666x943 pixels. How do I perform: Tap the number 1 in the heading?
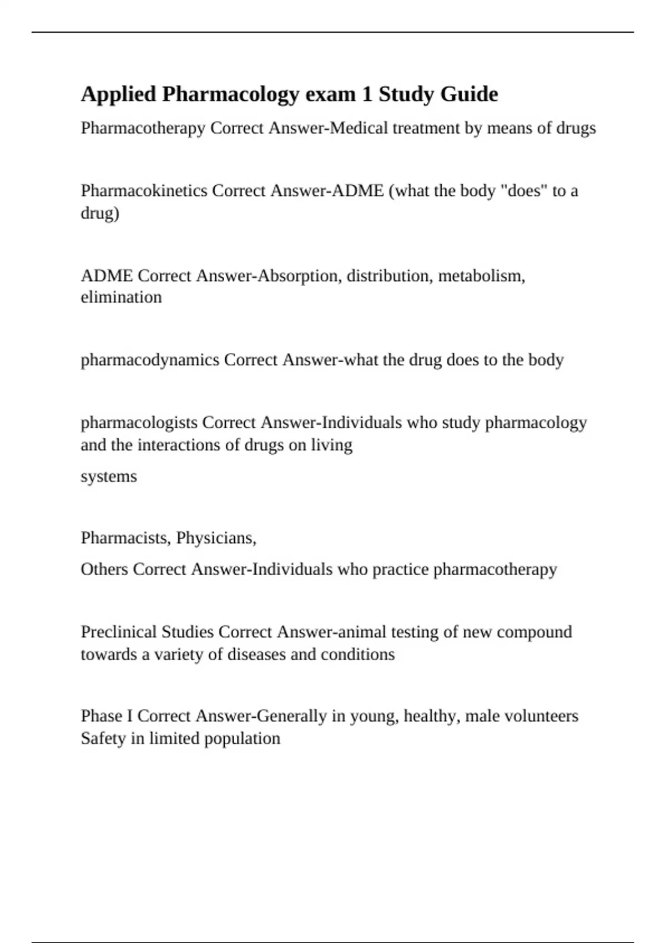(367, 94)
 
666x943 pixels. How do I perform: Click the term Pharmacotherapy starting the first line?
(143, 128)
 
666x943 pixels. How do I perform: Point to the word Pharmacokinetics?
(144, 191)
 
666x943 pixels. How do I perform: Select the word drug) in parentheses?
(100, 213)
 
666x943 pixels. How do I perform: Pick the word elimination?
(121, 297)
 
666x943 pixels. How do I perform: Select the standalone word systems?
(109, 476)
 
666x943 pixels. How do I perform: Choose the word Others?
(104, 570)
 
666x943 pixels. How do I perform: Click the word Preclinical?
(119, 632)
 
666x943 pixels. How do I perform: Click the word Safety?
(103, 739)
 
